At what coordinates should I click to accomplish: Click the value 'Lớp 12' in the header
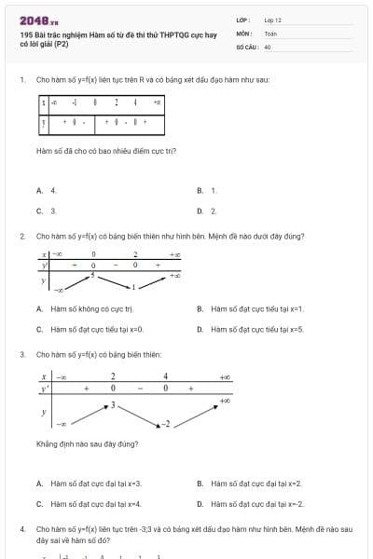click(272, 20)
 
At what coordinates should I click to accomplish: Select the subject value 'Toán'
click(270, 33)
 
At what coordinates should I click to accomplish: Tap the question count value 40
click(268, 46)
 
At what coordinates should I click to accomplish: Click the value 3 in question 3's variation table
click(114, 405)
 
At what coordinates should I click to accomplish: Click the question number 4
click(21, 528)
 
